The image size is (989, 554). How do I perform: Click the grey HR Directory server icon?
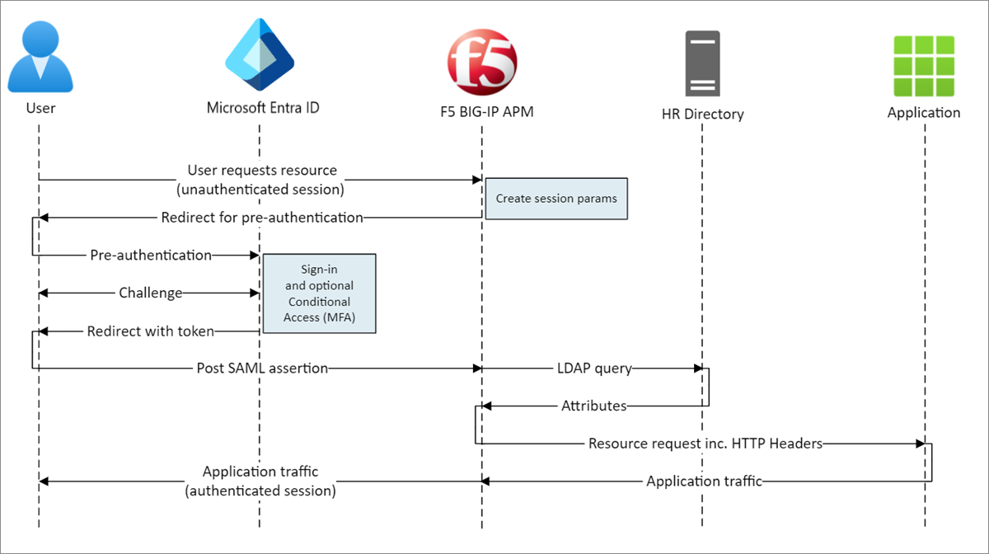point(702,63)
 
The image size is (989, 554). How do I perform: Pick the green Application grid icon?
point(924,65)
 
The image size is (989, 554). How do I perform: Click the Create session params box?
point(556,199)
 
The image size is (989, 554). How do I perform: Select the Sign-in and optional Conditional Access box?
point(319,293)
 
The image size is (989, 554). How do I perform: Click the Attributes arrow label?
point(593,406)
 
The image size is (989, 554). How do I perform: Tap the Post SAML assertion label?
point(262,369)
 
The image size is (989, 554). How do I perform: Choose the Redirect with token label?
point(151,331)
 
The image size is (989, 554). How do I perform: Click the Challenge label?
point(150,293)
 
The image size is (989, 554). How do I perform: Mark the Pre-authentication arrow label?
point(151,255)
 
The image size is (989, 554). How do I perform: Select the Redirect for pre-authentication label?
point(262,218)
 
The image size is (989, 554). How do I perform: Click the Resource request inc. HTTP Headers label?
point(705,444)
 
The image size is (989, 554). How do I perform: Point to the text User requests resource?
point(262,171)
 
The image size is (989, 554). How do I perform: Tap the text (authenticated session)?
point(260,491)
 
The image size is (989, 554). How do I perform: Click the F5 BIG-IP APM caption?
point(483,112)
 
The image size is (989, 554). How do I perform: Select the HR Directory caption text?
point(702,115)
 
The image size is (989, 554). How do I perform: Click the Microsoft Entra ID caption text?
point(263,108)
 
